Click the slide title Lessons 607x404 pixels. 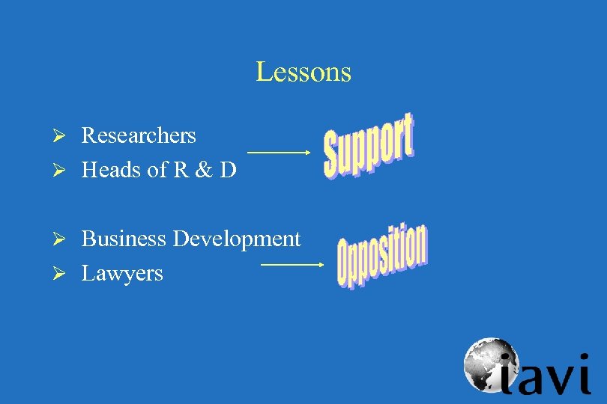click(303, 72)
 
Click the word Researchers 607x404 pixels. click(139, 135)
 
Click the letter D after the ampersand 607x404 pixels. click(228, 170)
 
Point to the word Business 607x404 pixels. click(124, 239)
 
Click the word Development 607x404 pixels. click(237, 239)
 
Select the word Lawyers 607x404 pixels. click(122, 273)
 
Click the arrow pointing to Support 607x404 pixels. click(279, 152)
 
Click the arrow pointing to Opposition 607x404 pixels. click(292, 264)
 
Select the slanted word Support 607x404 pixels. click(368, 146)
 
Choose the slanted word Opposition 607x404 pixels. click(381, 256)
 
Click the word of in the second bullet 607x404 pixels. click(157, 170)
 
